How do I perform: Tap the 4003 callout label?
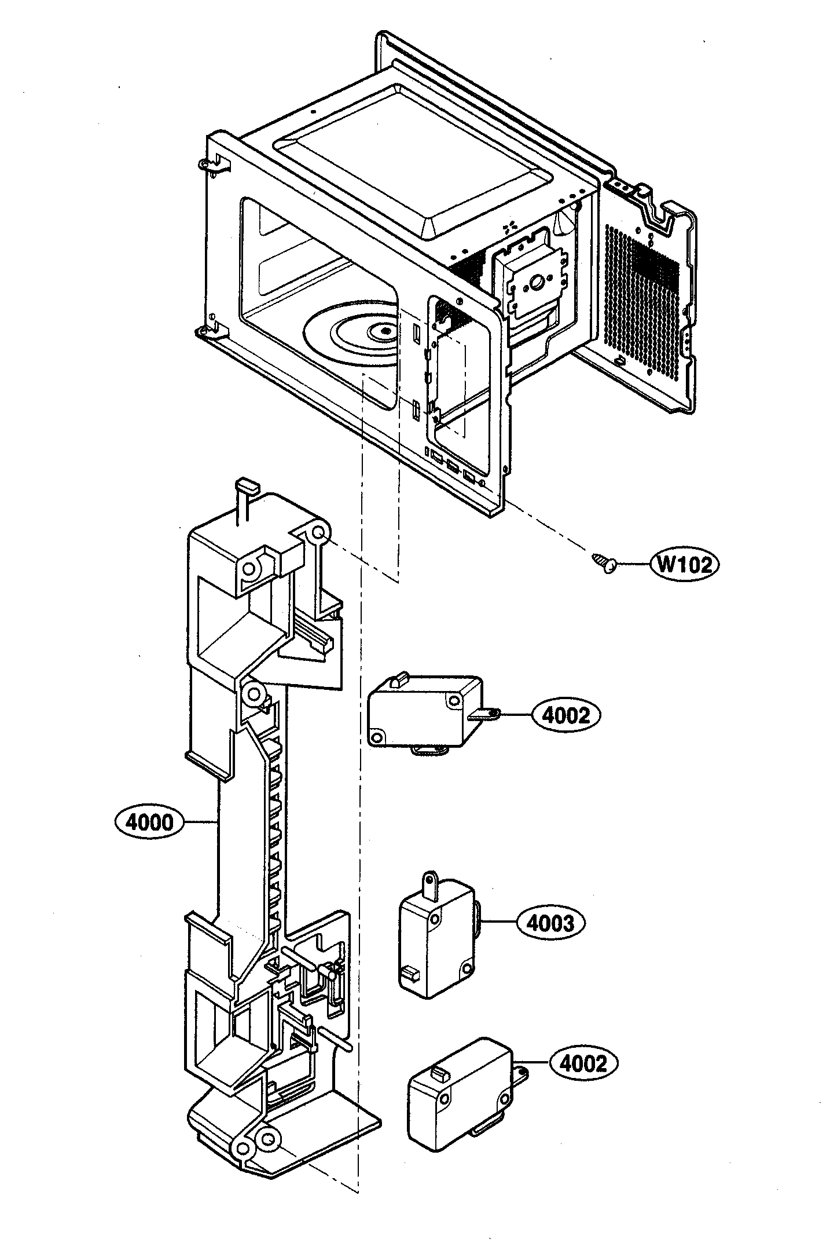pyautogui.click(x=550, y=923)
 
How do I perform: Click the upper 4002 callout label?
pyautogui.click(x=565, y=716)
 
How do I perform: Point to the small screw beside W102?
pyautogui.click(x=604, y=562)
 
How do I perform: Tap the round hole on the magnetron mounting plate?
pyautogui.click(x=535, y=284)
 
